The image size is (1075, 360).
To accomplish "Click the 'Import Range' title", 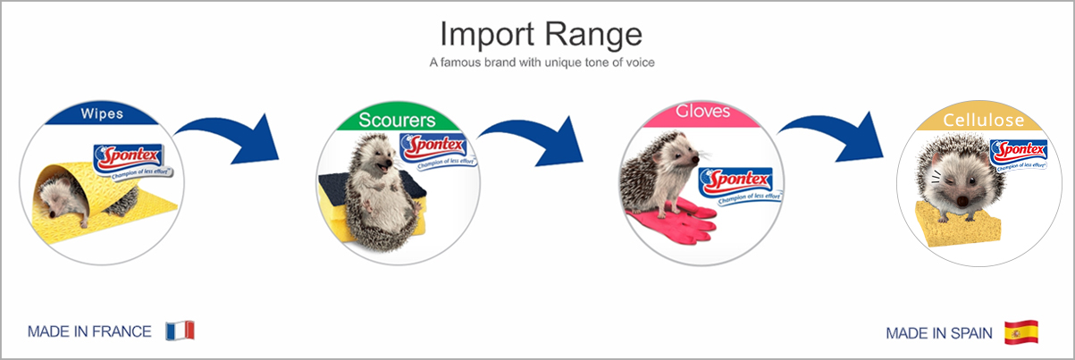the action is (541, 35).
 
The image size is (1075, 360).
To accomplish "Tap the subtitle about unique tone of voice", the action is (542, 63).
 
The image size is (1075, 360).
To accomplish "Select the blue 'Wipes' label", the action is (102, 113).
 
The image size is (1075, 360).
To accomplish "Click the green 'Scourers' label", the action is (397, 120).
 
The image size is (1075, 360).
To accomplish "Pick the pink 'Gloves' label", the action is (702, 112).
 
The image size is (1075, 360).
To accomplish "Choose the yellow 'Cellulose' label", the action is (983, 120).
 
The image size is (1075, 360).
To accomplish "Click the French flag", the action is (180, 331).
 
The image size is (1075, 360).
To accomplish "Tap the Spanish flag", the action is (1021, 332).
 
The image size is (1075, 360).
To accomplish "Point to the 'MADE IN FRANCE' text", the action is (89, 331).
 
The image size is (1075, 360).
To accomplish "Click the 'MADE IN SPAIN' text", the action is (938, 333).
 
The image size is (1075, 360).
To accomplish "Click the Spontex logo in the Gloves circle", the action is (738, 185).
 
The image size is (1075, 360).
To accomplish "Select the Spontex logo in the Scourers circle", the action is (437, 150).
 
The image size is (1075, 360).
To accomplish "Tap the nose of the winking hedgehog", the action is (962, 200).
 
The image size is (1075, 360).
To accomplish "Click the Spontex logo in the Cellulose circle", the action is (1019, 155).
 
